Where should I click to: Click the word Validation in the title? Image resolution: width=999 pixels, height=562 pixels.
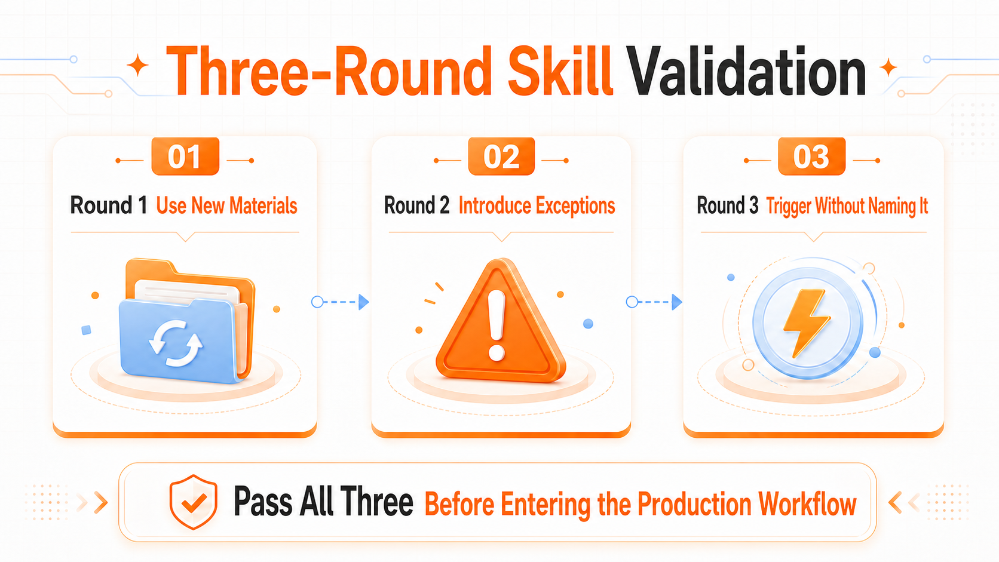point(746,72)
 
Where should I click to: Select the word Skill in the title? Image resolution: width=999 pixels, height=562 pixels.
point(560,70)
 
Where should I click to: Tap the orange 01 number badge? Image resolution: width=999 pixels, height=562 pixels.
point(186,156)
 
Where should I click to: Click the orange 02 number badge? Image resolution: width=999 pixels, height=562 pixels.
point(501,156)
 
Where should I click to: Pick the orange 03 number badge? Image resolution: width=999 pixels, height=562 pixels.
point(811,156)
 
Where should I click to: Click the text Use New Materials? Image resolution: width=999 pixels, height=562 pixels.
point(226,206)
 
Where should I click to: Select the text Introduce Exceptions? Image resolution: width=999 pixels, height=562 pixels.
point(537,206)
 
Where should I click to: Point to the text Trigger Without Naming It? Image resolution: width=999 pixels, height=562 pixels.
point(847,207)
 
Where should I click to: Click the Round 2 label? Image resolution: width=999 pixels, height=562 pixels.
point(416,206)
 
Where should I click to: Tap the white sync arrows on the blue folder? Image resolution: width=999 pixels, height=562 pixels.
point(175,343)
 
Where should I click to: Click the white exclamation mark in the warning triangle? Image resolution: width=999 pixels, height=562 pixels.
point(497,325)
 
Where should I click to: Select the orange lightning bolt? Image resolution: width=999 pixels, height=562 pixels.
point(807,323)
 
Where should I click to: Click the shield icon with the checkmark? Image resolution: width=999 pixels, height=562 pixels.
point(193,502)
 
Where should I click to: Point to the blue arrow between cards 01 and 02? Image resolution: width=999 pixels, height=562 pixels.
point(340,302)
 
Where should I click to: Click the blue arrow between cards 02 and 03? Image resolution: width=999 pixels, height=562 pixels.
point(654,302)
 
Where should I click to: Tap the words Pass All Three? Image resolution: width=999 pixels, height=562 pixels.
point(323,502)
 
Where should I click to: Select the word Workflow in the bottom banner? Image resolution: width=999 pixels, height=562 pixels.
point(808,504)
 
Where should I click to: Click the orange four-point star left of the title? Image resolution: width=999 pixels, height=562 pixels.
point(138,66)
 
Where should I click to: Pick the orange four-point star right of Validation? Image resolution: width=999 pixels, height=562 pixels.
point(888,67)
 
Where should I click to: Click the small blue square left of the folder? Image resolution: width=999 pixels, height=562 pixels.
point(86,330)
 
